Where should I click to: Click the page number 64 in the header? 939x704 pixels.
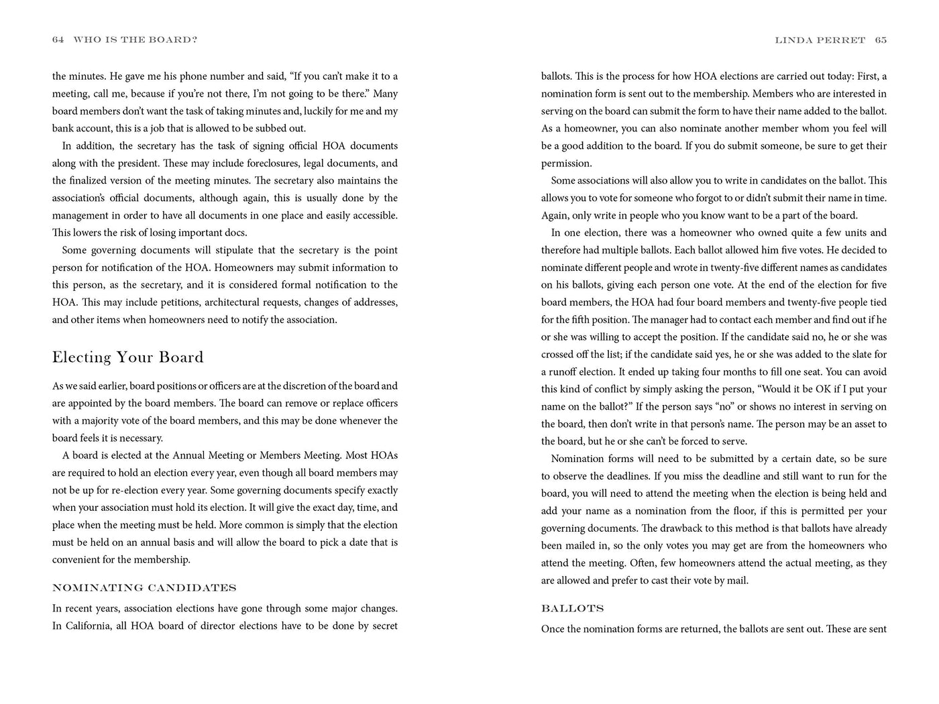(58, 40)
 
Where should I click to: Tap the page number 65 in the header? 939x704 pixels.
(881, 40)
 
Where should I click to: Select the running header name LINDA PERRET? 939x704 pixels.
(820, 40)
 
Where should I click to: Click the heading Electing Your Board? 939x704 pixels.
(127, 357)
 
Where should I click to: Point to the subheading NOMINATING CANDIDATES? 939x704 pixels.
(144, 588)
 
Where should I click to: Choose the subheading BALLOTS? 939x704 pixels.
(572, 609)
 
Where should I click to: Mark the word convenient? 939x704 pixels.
(77, 560)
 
